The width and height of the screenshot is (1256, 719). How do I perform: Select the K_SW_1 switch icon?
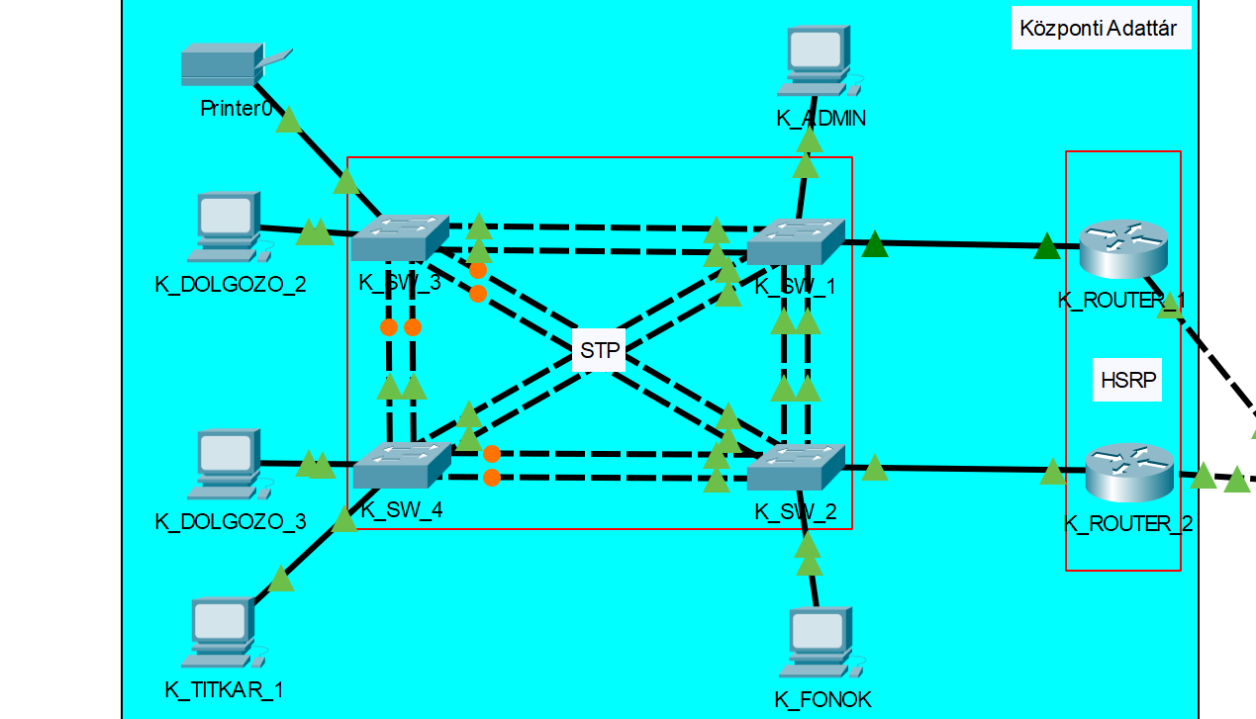(795, 240)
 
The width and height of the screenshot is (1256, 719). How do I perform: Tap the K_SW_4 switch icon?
(401, 465)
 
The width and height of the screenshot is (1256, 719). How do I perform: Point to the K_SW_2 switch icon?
(796, 467)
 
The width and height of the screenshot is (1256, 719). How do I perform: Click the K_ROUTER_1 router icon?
(1123, 247)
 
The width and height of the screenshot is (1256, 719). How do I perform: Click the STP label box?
(599, 351)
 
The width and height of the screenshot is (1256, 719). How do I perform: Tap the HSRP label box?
(1128, 379)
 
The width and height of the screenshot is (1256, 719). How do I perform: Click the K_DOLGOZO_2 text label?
(231, 285)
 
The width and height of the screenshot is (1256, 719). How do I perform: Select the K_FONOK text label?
(823, 699)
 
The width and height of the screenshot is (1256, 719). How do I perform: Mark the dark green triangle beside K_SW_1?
(875, 243)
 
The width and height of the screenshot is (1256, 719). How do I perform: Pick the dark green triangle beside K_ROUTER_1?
(1046, 245)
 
